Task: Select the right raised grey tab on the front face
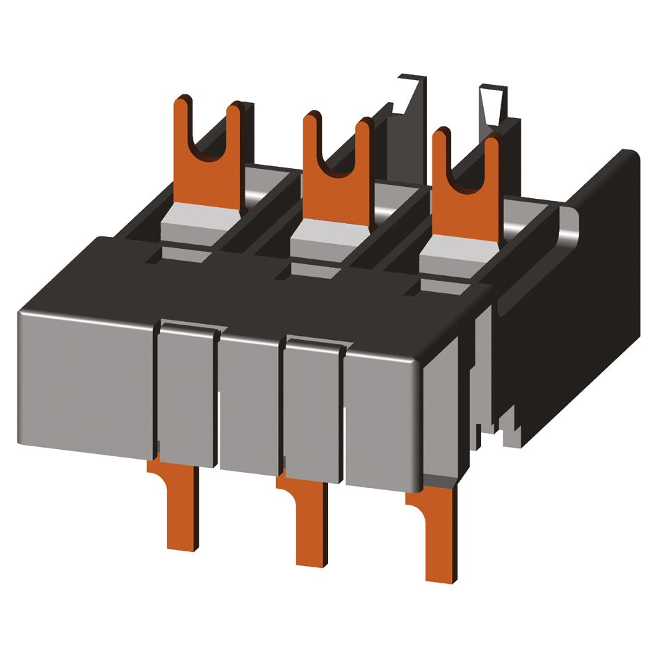(314, 410)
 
